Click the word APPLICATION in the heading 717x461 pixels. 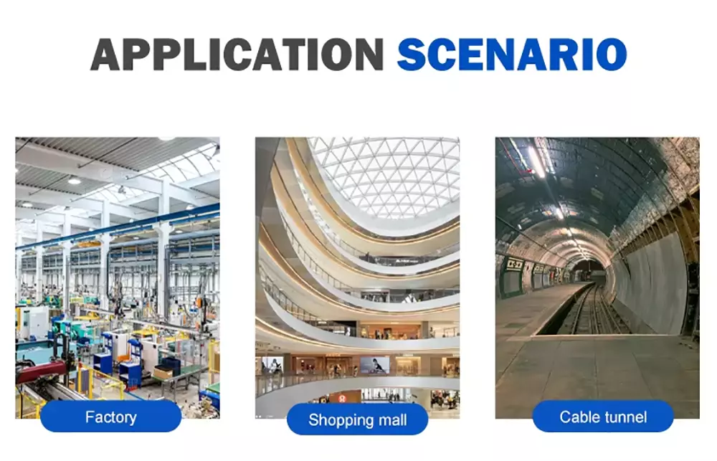click(x=237, y=54)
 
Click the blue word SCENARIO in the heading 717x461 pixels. click(x=512, y=54)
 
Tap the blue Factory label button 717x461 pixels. click(x=110, y=416)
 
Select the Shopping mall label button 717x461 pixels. click(x=358, y=419)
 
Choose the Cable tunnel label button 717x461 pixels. click(x=603, y=416)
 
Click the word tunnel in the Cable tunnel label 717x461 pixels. click(x=625, y=417)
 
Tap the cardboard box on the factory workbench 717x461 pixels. click(x=163, y=372)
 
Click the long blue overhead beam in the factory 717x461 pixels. click(x=118, y=227)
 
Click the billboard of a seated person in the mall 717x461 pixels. click(x=374, y=366)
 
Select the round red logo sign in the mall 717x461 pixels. click(x=342, y=398)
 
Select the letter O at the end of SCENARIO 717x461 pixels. click(x=611, y=54)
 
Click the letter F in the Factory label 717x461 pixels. click(x=90, y=417)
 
